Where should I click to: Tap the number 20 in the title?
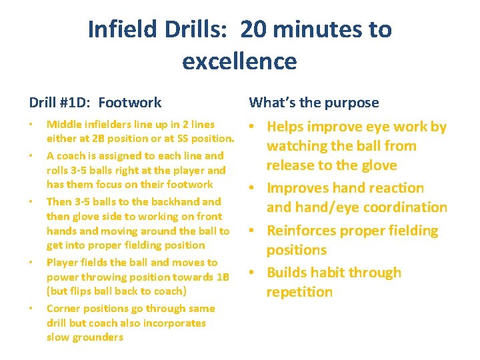click(x=253, y=29)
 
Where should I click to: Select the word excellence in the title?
click(x=239, y=61)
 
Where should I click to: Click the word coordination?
click(x=401, y=207)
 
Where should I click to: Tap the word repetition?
click(x=299, y=292)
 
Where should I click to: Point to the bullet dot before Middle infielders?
click(x=31, y=125)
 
